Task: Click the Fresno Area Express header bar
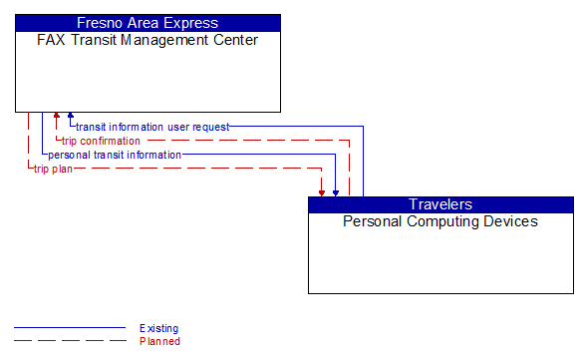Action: coord(147,22)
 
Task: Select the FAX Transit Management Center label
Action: coord(147,40)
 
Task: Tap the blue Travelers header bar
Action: coord(440,204)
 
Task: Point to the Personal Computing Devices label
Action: coord(440,221)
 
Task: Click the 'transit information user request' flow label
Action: coord(152,127)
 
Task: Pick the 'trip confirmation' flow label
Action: coord(101,141)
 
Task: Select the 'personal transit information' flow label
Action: coord(115,155)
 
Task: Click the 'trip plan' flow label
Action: coord(53,169)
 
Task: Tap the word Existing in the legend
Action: coord(159,328)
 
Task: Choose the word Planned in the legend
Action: coord(159,341)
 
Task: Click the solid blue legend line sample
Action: coord(70,328)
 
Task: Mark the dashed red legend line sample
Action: coord(70,341)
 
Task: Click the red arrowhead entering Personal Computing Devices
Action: coord(322,191)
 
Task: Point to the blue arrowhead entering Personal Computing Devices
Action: coord(336,191)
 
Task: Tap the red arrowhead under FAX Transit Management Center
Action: coord(57,117)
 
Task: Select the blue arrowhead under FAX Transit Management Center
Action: coord(71,117)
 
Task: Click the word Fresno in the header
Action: coord(100,22)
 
